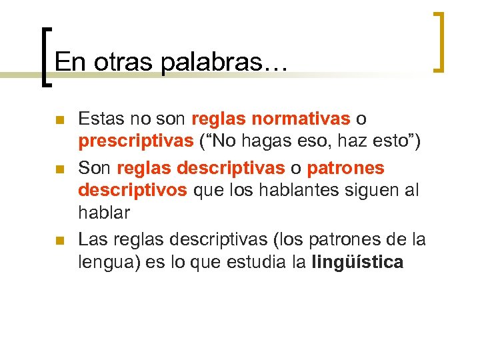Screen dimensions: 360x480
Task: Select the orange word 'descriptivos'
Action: tap(132, 191)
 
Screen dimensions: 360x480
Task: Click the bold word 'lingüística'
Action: tap(358, 263)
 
